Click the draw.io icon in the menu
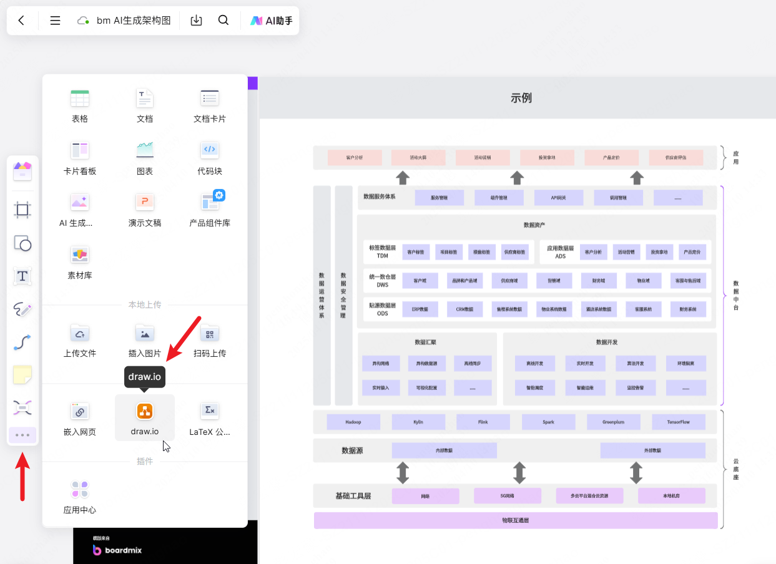coord(145,411)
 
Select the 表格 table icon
coord(80,99)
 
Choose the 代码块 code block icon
coord(210,150)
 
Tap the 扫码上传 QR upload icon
coord(210,334)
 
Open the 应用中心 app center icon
coord(80,490)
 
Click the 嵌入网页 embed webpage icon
coord(80,411)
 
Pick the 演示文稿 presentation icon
coord(145,202)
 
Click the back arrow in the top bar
coord(21,21)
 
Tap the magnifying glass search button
coord(223,21)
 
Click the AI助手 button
coord(272,21)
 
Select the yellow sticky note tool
coord(22,375)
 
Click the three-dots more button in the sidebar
coord(22,435)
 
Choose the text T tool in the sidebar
coord(22,276)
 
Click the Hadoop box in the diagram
coord(353,422)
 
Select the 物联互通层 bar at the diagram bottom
coord(515,520)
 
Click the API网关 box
coord(558,198)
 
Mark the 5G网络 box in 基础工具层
coord(507,496)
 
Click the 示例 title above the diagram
coord(521,98)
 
